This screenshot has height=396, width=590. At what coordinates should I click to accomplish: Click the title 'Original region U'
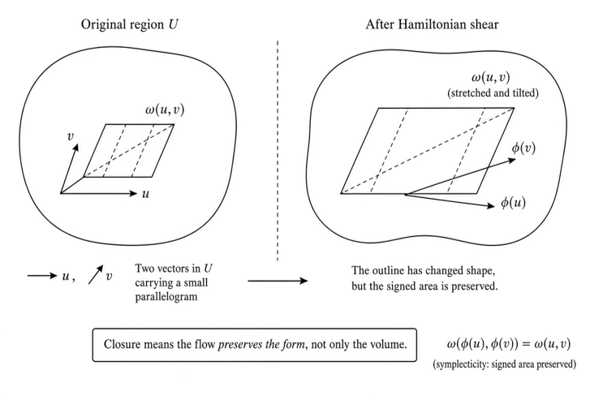pyautogui.click(x=129, y=25)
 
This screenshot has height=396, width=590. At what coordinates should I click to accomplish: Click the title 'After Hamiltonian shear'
pyautogui.click(x=432, y=25)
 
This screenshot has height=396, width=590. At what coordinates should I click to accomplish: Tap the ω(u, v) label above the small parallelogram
pyautogui.click(x=165, y=110)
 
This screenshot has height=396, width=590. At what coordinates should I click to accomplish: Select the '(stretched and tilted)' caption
pyautogui.click(x=493, y=93)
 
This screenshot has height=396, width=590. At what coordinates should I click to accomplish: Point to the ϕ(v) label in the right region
pyautogui.click(x=523, y=148)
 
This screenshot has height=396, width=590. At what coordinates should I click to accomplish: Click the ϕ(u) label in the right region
pyautogui.click(x=513, y=203)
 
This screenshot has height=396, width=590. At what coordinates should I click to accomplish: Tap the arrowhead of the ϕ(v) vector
pyautogui.click(x=513, y=160)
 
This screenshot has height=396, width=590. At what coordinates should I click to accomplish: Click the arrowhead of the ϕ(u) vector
pyautogui.click(x=492, y=205)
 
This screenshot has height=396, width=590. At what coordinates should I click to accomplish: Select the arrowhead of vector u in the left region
pyautogui.click(x=134, y=193)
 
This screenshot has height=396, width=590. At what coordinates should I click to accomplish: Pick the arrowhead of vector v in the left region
pyautogui.click(x=76, y=147)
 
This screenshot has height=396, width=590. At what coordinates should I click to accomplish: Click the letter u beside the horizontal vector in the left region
pyautogui.click(x=145, y=194)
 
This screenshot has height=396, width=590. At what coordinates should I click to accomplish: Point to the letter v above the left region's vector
pyautogui.click(x=70, y=136)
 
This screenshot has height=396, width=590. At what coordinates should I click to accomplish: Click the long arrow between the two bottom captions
pyautogui.click(x=278, y=281)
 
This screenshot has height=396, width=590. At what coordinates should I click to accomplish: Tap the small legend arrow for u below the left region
pyautogui.click(x=41, y=276)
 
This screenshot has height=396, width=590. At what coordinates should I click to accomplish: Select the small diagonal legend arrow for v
pyautogui.click(x=96, y=274)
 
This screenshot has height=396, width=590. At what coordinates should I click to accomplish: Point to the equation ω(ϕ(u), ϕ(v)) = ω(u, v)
pyautogui.click(x=509, y=344)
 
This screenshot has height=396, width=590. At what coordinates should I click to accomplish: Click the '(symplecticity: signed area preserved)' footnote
pyautogui.click(x=505, y=364)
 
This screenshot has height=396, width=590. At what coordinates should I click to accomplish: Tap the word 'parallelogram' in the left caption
pyautogui.click(x=166, y=297)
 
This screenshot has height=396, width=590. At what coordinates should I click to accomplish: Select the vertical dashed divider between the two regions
pyautogui.click(x=278, y=150)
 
